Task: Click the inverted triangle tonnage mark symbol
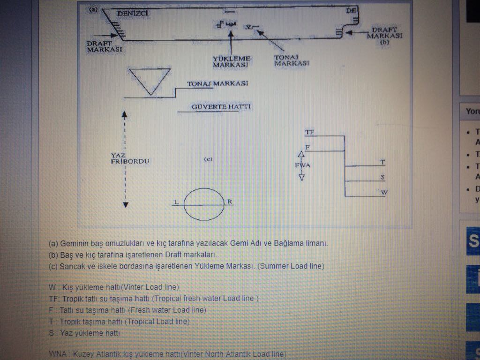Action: (150, 81)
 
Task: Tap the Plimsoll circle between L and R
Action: (204, 204)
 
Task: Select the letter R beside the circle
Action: (230, 202)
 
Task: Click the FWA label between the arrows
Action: (302, 165)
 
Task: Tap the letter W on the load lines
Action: (383, 192)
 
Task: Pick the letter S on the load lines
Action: (383, 177)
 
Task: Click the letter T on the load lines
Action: (382, 162)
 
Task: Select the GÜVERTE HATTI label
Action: (221, 107)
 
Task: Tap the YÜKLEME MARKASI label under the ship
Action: (232, 61)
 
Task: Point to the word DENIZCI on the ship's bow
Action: (133, 14)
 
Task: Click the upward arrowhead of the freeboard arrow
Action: (125, 114)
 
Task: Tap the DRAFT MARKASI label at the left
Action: (104, 46)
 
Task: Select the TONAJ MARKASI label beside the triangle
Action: (217, 84)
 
